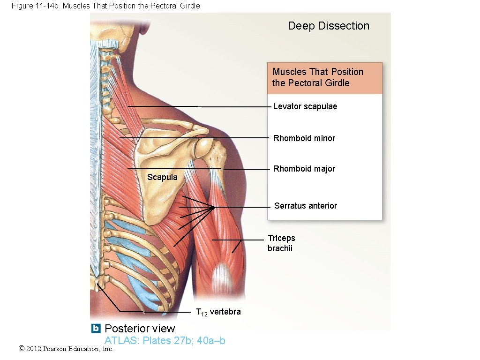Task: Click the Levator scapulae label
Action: pyautogui.click(x=305, y=106)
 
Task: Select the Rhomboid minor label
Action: pyautogui.click(x=304, y=138)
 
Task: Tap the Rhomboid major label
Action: pyautogui.click(x=304, y=169)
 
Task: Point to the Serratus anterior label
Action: pyautogui.click(x=305, y=206)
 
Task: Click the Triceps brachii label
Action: pyautogui.click(x=281, y=243)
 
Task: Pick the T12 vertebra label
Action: pyautogui.click(x=218, y=312)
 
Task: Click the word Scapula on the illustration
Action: pyautogui.click(x=162, y=177)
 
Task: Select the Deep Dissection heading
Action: pyautogui.click(x=329, y=26)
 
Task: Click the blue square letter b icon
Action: pyautogui.click(x=96, y=328)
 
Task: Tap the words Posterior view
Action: pyautogui.click(x=140, y=329)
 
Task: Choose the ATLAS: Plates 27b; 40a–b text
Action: pyautogui.click(x=165, y=341)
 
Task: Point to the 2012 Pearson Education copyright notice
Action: pyautogui.click(x=66, y=349)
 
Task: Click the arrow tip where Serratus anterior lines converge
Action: pyautogui.click(x=214, y=207)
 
